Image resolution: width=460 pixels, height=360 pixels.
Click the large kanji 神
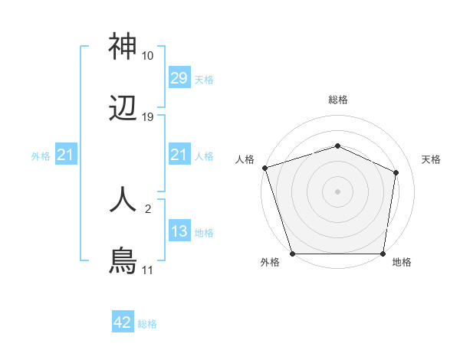(x=123, y=47)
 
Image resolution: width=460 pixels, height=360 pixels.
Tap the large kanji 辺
(x=123, y=110)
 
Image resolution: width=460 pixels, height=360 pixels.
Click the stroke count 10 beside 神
(x=148, y=56)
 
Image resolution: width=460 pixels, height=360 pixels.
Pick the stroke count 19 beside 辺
(x=148, y=117)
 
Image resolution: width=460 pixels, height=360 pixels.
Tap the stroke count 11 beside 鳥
(x=148, y=270)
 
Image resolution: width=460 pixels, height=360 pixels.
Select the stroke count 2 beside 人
(x=148, y=208)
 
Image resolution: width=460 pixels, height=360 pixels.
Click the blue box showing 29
(x=179, y=78)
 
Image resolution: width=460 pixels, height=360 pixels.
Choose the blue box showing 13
(x=179, y=232)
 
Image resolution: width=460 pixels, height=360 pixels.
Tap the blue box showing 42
(x=123, y=323)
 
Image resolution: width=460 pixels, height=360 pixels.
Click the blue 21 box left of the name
(x=66, y=155)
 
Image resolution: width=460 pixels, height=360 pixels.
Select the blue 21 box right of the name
(x=179, y=155)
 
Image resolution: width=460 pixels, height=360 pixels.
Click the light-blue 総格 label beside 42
(x=147, y=324)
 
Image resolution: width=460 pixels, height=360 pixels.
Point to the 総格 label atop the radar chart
(x=337, y=100)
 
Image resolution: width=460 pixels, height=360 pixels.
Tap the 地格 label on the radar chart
(x=402, y=262)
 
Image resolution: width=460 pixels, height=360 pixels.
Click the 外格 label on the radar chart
(x=270, y=262)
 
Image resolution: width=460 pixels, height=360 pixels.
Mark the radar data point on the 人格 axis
(x=264, y=168)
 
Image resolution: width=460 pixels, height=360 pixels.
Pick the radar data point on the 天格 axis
(x=396, y=172)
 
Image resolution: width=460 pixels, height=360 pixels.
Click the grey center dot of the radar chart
(x=337, y=191)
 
